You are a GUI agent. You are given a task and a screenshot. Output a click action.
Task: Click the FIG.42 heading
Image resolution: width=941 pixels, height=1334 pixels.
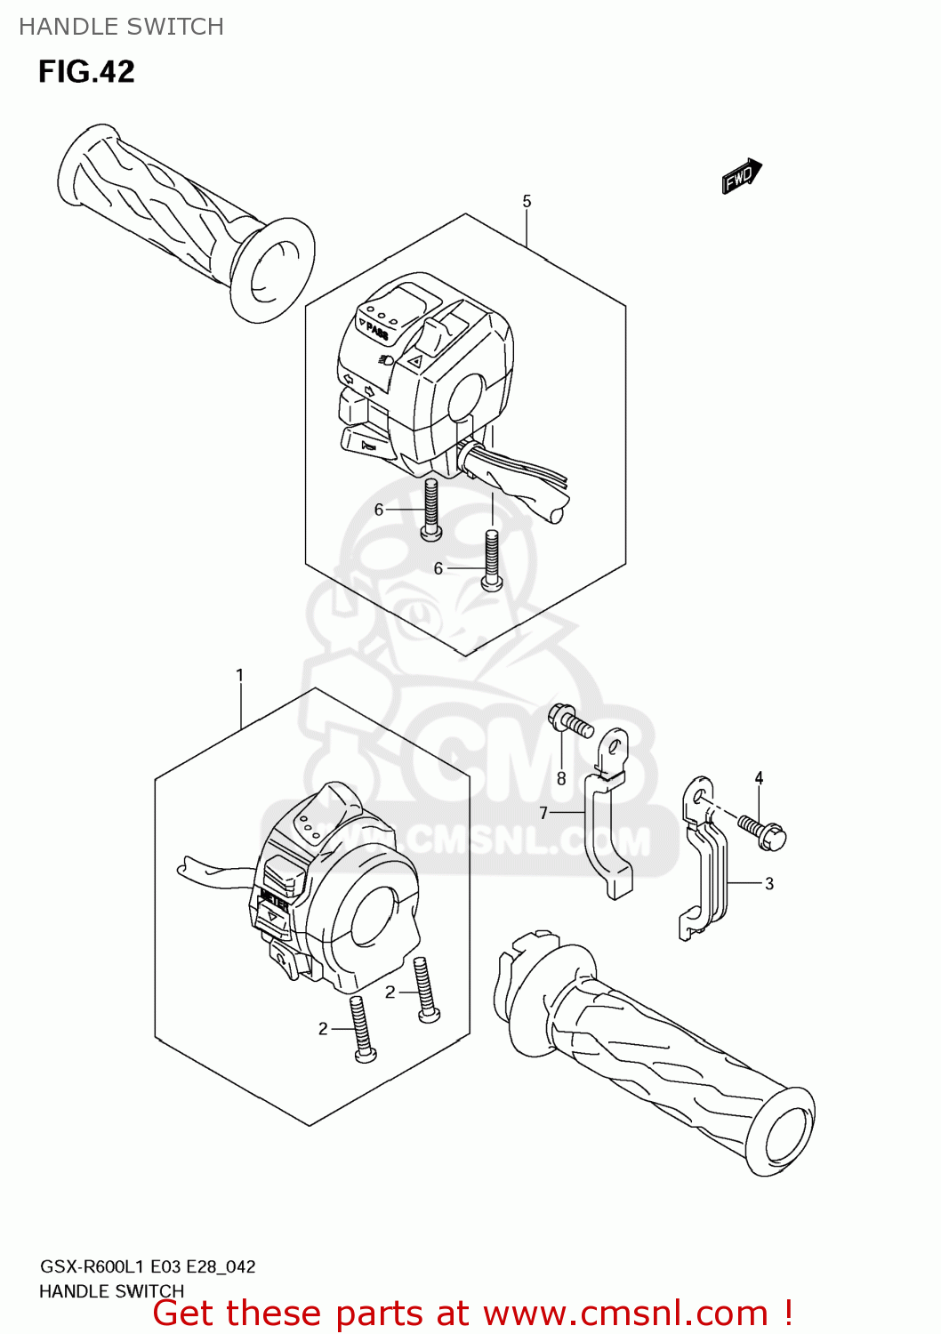86,72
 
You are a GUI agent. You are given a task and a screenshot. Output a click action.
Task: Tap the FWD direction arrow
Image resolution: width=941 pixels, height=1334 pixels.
742,176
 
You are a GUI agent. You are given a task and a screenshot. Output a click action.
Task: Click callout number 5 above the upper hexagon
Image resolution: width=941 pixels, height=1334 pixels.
527,202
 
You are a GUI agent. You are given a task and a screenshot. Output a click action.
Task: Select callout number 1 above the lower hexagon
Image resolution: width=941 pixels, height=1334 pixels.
239,676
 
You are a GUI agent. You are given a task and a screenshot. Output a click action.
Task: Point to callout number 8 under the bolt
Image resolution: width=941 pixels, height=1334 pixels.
561,778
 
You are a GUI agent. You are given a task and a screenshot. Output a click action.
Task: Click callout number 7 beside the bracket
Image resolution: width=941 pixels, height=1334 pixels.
543,812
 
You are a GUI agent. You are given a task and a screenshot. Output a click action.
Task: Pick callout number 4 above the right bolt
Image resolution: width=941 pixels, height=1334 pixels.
759,778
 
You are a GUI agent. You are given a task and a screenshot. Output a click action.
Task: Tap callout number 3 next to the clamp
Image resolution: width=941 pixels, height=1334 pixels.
769,883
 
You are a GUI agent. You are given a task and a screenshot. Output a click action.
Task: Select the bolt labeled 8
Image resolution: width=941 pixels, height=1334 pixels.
569,720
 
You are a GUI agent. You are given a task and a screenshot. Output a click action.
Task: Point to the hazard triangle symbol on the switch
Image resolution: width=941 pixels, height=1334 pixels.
414,361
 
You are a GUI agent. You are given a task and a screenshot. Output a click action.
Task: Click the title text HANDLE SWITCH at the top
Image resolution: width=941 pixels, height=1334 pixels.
122,27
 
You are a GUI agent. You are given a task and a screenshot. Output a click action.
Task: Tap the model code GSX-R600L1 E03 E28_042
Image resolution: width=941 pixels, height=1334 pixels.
148,1266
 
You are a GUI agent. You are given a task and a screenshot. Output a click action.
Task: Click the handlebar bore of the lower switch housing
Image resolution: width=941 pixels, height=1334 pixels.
378,916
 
